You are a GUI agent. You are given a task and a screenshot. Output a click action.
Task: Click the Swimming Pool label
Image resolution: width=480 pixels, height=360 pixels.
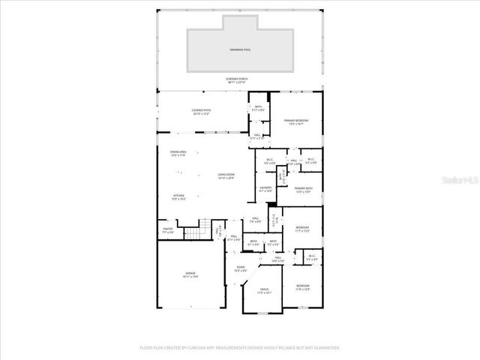tap(240, 50)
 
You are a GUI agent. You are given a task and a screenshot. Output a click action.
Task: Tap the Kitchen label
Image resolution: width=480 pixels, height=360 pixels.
tap(178, 197)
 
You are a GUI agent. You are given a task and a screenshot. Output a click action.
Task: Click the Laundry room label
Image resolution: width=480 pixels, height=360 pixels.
tap(265, 189)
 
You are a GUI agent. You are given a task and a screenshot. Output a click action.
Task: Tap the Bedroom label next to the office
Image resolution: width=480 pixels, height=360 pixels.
tap(302, 287)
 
